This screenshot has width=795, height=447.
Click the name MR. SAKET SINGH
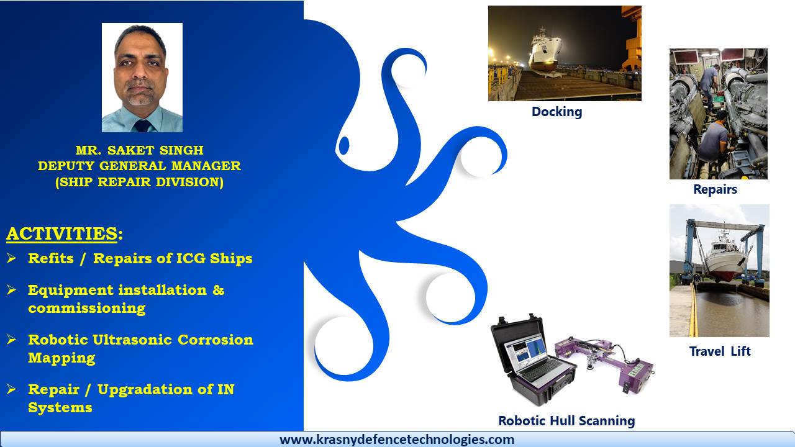click(x=140, y=150)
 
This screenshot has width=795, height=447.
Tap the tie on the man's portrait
click(x=143, y=126)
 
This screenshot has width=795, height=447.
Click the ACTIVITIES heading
click(x=65, y=234)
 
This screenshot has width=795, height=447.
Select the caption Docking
click(x=557, y=112)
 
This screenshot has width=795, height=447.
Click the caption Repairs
click(x=715, y=189)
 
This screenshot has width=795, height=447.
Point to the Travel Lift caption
click(x=720, y=351)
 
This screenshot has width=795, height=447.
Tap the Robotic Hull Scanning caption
click(x=566, y=421)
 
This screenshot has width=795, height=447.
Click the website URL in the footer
click(x=397, y=440)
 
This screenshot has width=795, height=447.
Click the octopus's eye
click(x=344, y=145)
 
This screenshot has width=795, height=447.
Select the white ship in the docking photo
click(x=545, y=52)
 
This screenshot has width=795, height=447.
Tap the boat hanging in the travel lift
click(x=724, y=259)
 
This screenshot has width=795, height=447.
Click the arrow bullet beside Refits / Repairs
click(x=11, y=258)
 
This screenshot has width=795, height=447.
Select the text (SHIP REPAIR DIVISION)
click(x=140, y=182)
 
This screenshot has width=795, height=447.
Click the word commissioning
click(x=86, y=308)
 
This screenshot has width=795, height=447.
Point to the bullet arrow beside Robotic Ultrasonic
click(x=11, y=339)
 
